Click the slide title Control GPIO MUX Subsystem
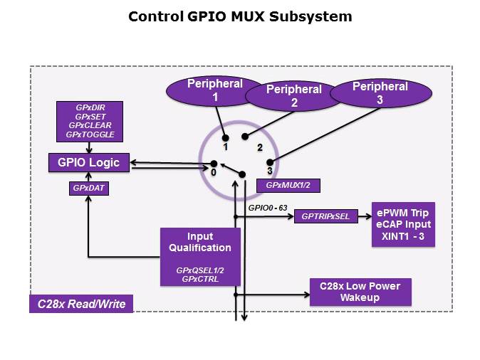[x=240, y=16]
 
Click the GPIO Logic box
[x=88, y=162]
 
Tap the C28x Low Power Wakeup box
[x=360, y=292]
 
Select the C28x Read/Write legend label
[x=81, y=305]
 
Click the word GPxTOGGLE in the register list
[x=90, y=134]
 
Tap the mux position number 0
[x=213, y=171]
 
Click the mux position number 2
[x=260, y=148]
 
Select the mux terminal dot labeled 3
[x=270, y=162]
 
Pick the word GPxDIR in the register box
[x=90, y=107]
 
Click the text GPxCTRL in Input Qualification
[x=199, y=280]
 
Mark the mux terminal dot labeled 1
[x=225, y=137]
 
